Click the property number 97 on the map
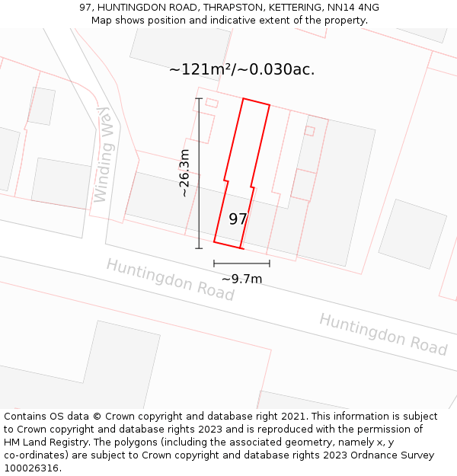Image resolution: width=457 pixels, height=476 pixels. [238, 219]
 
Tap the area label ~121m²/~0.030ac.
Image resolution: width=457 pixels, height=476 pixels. [241, 69]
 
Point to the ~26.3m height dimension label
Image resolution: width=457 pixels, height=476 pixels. [184, 173]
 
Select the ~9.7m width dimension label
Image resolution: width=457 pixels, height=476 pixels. [241, 279]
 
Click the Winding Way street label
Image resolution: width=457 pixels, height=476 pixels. [103, 155]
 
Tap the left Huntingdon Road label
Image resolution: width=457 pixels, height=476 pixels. [170, 279]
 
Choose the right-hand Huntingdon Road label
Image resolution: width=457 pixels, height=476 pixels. [382, 334]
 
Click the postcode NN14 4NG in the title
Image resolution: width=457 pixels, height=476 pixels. [352, 8]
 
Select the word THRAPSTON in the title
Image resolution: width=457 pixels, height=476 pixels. [229, 8]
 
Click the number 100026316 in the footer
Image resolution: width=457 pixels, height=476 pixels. [30, 468]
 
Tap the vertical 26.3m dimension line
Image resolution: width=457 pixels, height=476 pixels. [199, 173]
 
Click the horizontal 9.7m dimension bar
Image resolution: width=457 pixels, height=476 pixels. [241, 264]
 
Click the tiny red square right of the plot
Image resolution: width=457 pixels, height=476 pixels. [309, 131]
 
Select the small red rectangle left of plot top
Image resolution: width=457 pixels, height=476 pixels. [212, 102]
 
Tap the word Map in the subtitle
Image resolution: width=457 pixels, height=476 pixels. [102, 21]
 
